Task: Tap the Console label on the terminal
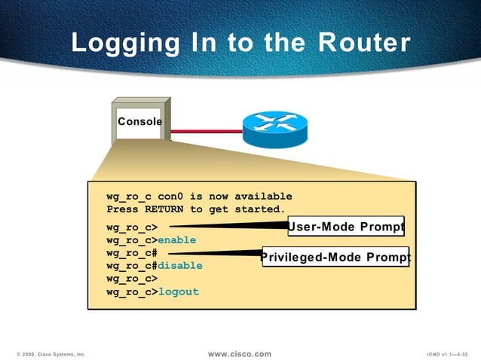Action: (x=139, y=121)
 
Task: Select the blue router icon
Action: (x=275, y=129)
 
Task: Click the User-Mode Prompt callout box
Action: (x=346, y=226)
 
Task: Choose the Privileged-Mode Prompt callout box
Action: (x=335, y=257)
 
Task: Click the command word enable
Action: (x=176, y=240)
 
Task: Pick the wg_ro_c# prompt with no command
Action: (x=131, y=253)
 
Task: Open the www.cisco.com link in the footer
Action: (x=239, y=353)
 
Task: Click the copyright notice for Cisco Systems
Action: (x=51, y=354)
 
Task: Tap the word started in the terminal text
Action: (x=260, y=209)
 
